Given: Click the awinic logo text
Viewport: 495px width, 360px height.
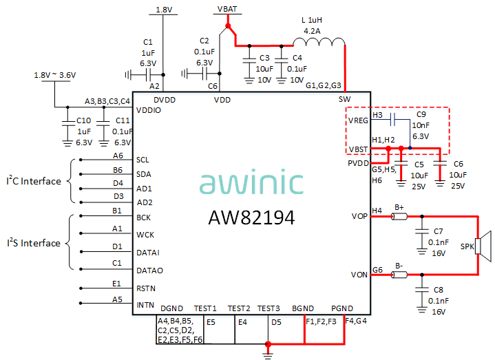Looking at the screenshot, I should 252,184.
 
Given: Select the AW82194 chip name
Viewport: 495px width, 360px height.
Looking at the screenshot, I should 252,218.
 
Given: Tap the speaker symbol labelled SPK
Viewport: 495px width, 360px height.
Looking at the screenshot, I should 485,246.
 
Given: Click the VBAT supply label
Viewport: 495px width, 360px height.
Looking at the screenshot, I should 227,8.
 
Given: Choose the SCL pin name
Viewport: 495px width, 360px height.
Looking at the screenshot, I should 143,158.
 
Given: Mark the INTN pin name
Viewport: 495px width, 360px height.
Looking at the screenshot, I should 145,304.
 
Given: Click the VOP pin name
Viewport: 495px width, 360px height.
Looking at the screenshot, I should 359,217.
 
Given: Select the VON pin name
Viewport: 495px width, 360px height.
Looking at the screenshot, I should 359,275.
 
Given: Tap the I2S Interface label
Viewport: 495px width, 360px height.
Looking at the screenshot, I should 34,243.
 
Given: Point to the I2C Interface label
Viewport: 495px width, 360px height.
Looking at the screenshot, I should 34,182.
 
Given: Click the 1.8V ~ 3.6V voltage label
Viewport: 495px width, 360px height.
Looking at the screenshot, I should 55,75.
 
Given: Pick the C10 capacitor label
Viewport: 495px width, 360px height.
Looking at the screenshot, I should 84,120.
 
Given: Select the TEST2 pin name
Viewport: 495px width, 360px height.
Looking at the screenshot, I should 239,308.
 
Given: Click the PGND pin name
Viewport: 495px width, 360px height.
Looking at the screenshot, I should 341,308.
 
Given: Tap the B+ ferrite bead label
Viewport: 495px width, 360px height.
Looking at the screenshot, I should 399,207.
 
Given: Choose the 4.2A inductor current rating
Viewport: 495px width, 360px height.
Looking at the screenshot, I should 313,30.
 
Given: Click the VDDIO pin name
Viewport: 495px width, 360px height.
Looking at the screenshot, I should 149,110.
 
